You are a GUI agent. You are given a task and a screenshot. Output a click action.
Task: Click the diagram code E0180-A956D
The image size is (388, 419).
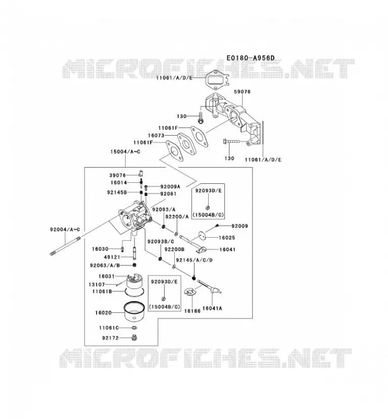(x=250, y=58)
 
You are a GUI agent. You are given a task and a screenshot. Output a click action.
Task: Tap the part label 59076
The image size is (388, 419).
(x=242, y=92)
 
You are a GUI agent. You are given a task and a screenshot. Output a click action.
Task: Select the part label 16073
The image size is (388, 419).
(x=156, y=136)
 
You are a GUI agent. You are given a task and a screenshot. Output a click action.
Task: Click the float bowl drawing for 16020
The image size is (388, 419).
(x=134, y=311)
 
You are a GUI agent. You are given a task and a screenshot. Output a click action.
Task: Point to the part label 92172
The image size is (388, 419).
(x=110, y=338)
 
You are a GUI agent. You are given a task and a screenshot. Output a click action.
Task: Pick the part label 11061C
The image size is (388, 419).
(x=109, y=328)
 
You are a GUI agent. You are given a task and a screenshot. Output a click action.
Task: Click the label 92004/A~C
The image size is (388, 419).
(x=65, y=229)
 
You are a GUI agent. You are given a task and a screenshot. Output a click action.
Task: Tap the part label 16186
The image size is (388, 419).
(x=192, y=311)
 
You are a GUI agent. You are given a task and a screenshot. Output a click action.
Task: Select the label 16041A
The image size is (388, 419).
(x=212, y=308)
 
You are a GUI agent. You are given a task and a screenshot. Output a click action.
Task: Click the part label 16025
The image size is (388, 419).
(x=227, y=238)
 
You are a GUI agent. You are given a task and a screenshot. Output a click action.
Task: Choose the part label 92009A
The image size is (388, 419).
(x=170, y=186)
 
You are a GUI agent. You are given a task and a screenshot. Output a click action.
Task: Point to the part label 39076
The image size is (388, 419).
(x=118, y=175)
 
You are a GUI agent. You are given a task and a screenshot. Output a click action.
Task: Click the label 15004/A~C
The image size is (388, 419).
(x=125, y=152)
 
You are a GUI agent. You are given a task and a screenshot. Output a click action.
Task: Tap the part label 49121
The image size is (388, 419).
(x=112, y=257)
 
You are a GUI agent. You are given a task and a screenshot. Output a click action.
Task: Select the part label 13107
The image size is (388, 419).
(x=97, y=284)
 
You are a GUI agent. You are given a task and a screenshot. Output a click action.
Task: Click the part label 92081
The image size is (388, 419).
(x=168, y=193)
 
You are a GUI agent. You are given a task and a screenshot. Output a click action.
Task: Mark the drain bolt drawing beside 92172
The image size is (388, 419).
(x=134, y=337)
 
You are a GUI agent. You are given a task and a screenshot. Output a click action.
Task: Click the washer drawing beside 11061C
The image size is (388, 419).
(x=134, y=328)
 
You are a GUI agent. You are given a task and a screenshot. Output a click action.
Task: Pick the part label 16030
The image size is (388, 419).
(x=100, y=249)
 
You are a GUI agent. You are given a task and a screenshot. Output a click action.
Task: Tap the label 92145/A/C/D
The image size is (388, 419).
(x=195, y=260)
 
